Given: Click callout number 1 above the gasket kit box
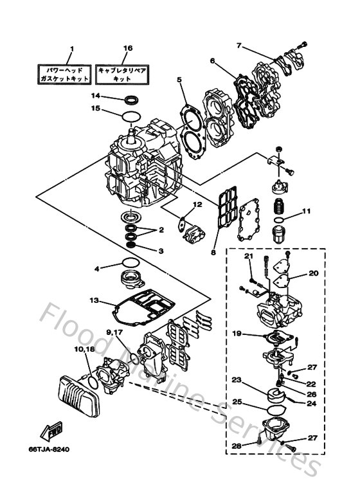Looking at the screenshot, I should coord(72,48).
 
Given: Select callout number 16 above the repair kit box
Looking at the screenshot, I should coord(127,48).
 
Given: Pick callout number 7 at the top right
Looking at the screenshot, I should coord(239,46).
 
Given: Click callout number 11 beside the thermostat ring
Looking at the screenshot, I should coord(307,211).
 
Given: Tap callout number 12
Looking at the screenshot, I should coord(199,204).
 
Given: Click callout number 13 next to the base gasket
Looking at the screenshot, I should coord(94,300).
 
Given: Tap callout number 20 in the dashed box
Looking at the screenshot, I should coord(314,273).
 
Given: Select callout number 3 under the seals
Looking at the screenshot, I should coord(161,251).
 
